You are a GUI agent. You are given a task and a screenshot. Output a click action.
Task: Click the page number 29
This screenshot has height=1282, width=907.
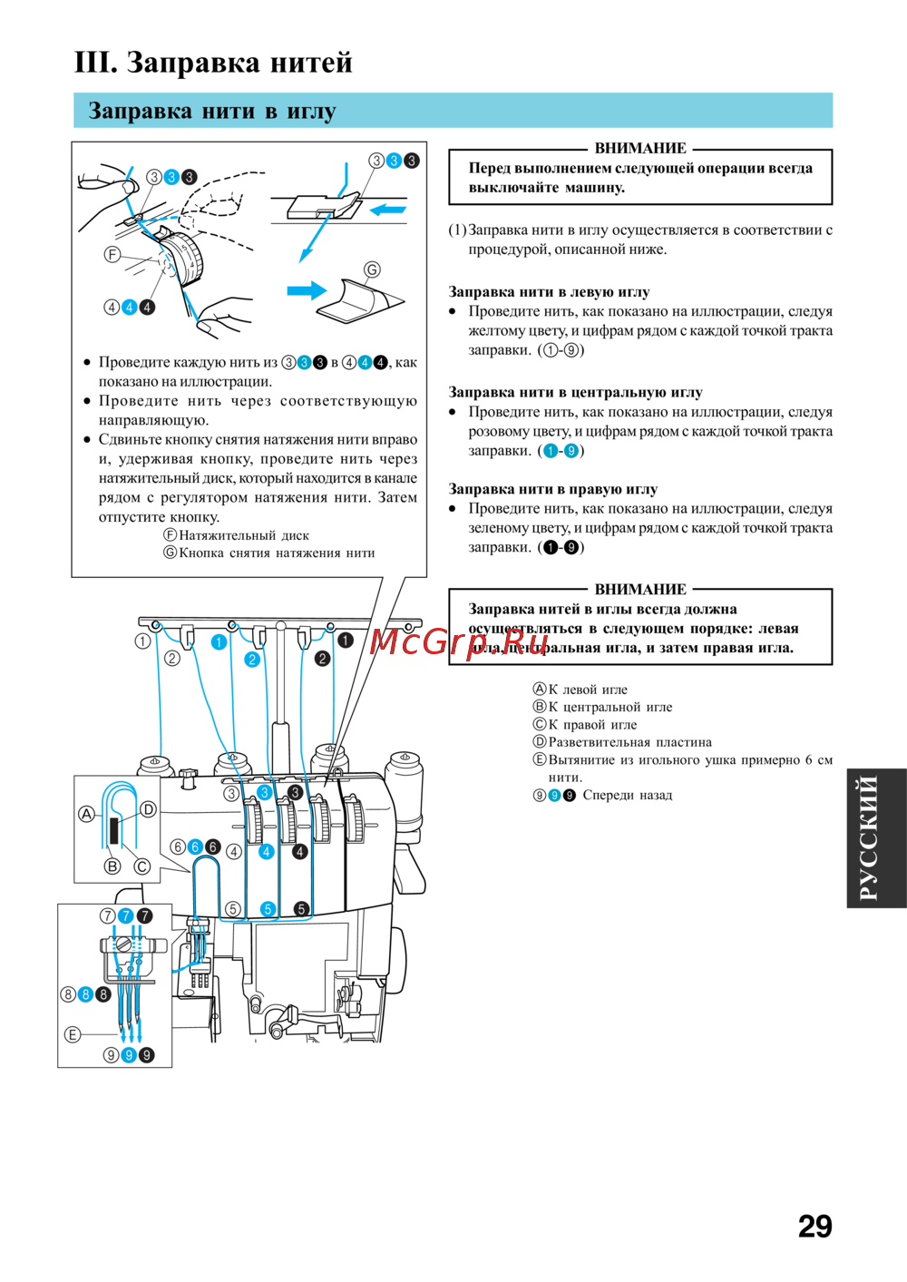click(x=814, y=1226)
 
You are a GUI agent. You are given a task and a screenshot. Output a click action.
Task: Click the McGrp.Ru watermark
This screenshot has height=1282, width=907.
click(x=459, y=642)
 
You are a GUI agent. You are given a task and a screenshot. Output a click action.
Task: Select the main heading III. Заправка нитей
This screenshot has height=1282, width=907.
click(x=213, y=63)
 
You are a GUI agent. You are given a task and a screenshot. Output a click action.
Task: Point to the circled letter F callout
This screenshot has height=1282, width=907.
click(x=112, y=255)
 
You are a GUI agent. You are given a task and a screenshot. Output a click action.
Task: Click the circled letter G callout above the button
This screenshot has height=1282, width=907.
click(x=372, y=269)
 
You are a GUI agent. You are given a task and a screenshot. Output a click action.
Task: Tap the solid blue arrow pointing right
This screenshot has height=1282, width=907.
click(x=306, y=290)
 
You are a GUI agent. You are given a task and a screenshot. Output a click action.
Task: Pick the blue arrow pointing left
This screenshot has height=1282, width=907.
click(x=388, y=210)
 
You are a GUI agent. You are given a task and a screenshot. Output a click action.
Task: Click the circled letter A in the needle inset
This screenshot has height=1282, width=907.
click(x=86, y=814)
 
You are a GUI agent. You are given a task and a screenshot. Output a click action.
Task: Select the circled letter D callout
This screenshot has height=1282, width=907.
click(x=149, y=808)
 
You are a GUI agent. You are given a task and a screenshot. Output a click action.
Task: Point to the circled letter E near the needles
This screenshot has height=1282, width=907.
click(x=73, y=1034)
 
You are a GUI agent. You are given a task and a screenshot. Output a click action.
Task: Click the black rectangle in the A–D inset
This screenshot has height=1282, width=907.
click(x=114, y=830)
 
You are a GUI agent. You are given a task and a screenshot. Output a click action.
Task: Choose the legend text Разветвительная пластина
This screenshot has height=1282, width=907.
click(x=629, y=742)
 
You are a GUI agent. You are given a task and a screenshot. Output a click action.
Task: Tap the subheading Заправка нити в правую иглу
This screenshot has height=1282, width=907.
click(x=552, y=489)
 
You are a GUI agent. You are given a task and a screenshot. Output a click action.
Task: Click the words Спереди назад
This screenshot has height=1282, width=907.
click(x=627, y=796)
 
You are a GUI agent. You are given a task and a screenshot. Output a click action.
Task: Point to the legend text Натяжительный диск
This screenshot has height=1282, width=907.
click(x=243, y=535)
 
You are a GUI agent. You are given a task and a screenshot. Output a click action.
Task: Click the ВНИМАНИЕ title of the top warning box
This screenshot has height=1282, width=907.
click(x=640, y=148)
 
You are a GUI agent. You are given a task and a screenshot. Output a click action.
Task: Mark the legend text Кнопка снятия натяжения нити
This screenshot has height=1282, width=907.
click(x=276, y=553)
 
